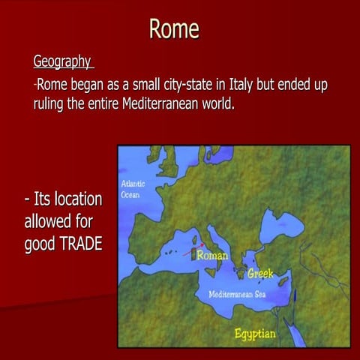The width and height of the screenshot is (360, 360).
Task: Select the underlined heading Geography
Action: tap(62, 61)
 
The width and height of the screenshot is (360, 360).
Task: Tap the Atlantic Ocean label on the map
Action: tap(133, 189)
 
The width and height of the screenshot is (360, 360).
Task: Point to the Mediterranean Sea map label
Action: tap(237, 293)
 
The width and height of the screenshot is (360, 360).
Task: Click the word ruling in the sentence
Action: tap(51, 103)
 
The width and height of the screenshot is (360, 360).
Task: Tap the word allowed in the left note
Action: tap(50, 222)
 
